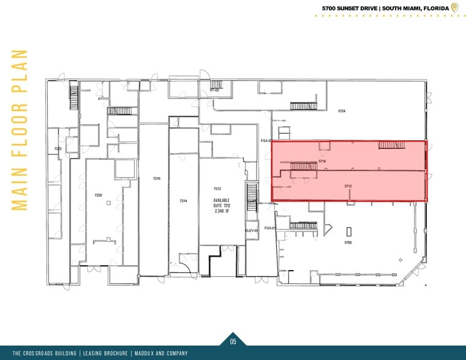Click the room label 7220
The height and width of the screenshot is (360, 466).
click(x=98, y=195)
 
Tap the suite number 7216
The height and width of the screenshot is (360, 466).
click(x=157, y=178)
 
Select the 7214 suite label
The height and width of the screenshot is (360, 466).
click(x=182, y=201)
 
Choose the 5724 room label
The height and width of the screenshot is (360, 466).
click(x=342, y=111)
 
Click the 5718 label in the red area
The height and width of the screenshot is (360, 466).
click(x=322, y=161)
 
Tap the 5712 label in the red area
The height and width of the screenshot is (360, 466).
click(x=348, y=186)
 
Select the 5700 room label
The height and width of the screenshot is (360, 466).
click(x=348, y=243)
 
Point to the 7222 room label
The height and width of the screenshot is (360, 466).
click(x=58, y=149)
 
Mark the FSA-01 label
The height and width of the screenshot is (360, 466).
click(x=268, y=228)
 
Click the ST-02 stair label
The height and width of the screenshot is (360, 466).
click(x=214, y=90)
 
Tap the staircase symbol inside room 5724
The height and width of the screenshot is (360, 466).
click(x=303, y=106)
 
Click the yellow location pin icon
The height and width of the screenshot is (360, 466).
click(x=454, y=7)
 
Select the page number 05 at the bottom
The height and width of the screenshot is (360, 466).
click(x=233, y=342)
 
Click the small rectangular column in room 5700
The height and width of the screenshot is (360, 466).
click(x=349, y=231)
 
